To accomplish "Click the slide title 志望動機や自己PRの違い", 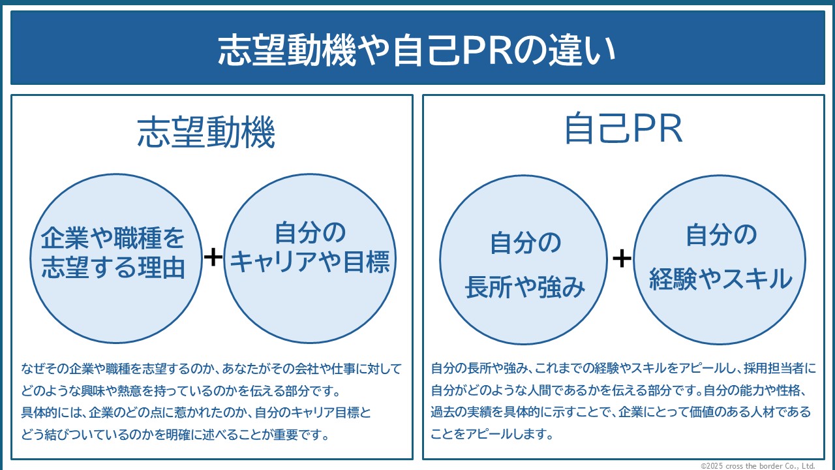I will pos(417,50).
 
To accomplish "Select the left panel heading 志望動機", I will pos(206,134).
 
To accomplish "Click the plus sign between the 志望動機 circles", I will pos(213,257).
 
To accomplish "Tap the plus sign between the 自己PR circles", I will pos(622,258).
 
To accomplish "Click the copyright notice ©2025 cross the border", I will pos(757,465).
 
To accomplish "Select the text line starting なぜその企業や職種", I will pos(211,369).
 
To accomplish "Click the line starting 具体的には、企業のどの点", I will pos(196,413).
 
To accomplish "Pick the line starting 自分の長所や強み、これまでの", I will pos(623,369).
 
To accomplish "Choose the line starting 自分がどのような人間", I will pos(620,390).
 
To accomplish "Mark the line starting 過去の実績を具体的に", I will pos(620,412).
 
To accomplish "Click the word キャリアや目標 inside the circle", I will pos(311,262).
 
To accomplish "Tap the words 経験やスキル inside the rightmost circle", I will pos(720,279).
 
